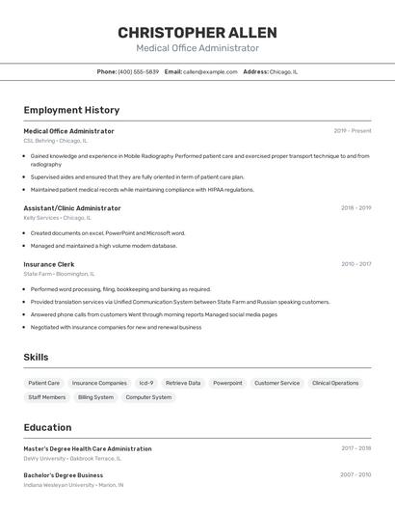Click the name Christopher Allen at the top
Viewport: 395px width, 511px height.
click(x=197, y=33)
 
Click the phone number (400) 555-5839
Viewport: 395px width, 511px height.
click(x=138, y=71)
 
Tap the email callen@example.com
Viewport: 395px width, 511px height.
click(x=210, y=71)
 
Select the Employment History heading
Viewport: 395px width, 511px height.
click(x=71, y=110)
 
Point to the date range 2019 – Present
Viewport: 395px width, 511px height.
click(x=352, y=131)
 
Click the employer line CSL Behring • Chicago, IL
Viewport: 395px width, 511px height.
click(x=55, y=141)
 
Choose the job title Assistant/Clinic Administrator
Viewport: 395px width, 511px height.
click(x=72, y=208)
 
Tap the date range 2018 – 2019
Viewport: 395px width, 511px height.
click(x=355, y=208)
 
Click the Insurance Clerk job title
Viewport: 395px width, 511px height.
click(x=48, y=264)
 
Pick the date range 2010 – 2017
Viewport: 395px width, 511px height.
click(x=355, y=264)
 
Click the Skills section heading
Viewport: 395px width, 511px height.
click(x=36, y=357)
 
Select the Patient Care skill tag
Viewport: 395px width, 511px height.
click(x=44, y=383)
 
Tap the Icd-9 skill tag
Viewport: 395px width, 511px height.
click(x=145, y=383)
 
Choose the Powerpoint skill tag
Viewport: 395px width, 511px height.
click(x=227, y=383)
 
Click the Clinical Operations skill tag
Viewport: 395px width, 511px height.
click(x=334, y=383)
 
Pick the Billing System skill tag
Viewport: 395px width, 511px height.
click(x=95, y=397)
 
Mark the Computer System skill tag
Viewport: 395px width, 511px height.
click(x=148, y=397)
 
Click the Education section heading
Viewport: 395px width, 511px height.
click(x=47, y=427)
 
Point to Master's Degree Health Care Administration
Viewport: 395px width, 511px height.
click(x=87, y=448)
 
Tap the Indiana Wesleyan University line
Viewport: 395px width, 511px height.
click(x=73, y=485)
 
